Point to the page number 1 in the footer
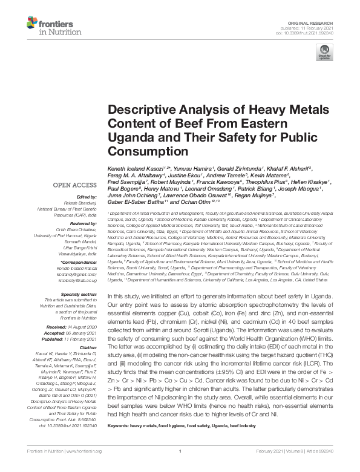180,468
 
